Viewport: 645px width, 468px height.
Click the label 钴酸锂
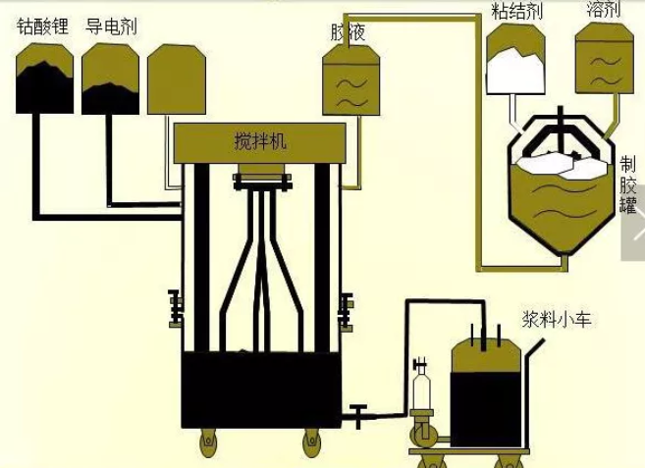43,26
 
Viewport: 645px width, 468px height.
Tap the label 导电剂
110,26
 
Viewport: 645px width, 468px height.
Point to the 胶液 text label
349,31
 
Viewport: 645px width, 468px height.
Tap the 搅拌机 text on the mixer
260,141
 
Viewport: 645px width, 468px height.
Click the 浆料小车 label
557,319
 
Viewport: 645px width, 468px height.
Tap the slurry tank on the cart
486,383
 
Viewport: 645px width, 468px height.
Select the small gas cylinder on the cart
423,392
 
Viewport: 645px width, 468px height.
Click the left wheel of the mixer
208,442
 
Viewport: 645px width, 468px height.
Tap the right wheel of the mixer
312,442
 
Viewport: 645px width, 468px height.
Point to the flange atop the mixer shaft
263,182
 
